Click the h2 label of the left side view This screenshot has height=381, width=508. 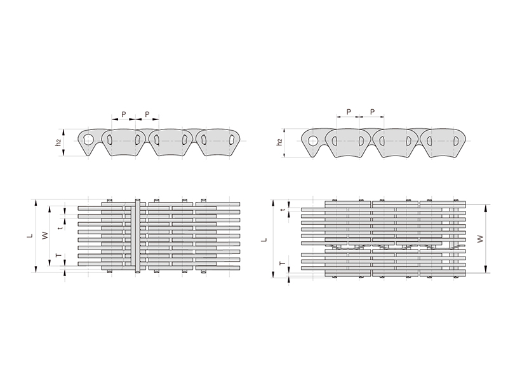(58, 142)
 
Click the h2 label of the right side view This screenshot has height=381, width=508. (280, 142)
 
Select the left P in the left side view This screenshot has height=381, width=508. (123, 114)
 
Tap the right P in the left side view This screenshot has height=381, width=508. (147, 114)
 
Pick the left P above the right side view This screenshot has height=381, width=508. (349, 112)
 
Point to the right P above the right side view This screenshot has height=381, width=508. (372, 112)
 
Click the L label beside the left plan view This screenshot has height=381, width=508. (30, 236)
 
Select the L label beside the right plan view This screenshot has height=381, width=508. (265, 240)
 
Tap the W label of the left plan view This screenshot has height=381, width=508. (46, 236)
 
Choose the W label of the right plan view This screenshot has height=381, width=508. (481, 239)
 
